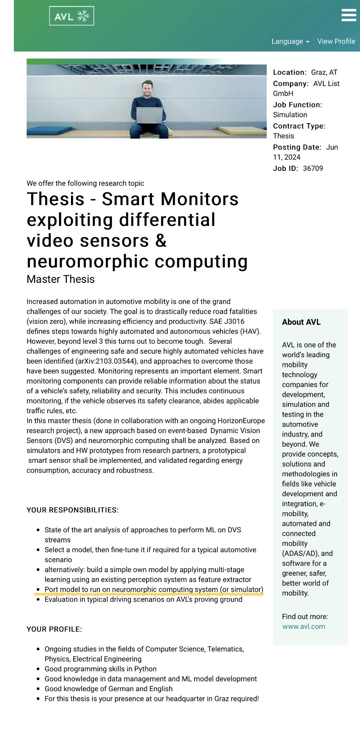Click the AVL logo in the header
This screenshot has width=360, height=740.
(x=71, y=16)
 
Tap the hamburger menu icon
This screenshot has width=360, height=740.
(x=349, y=15)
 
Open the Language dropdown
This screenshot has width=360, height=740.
(x=290, y=41)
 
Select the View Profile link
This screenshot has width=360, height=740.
(x=336, y=41)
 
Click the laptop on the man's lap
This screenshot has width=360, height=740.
(x=149, y=115)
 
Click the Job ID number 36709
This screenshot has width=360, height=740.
(x=313, y=168)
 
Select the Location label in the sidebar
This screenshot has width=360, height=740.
(x=289, y=72)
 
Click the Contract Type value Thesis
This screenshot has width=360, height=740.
(x=283, y=136)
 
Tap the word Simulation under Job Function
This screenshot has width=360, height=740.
(x=290, y=115)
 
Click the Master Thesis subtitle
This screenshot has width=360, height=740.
(x=60, y=279)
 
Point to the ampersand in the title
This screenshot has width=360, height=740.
(x=161, y=241)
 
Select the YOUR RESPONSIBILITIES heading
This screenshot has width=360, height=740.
(x=72, y=510)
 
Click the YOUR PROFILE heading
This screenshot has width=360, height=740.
(x=54, y=629)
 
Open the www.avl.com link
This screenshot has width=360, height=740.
(x=304, y=626)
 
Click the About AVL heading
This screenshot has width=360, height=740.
(x=301, y=322)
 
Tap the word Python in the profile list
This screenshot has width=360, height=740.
(x=145, y=669)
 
